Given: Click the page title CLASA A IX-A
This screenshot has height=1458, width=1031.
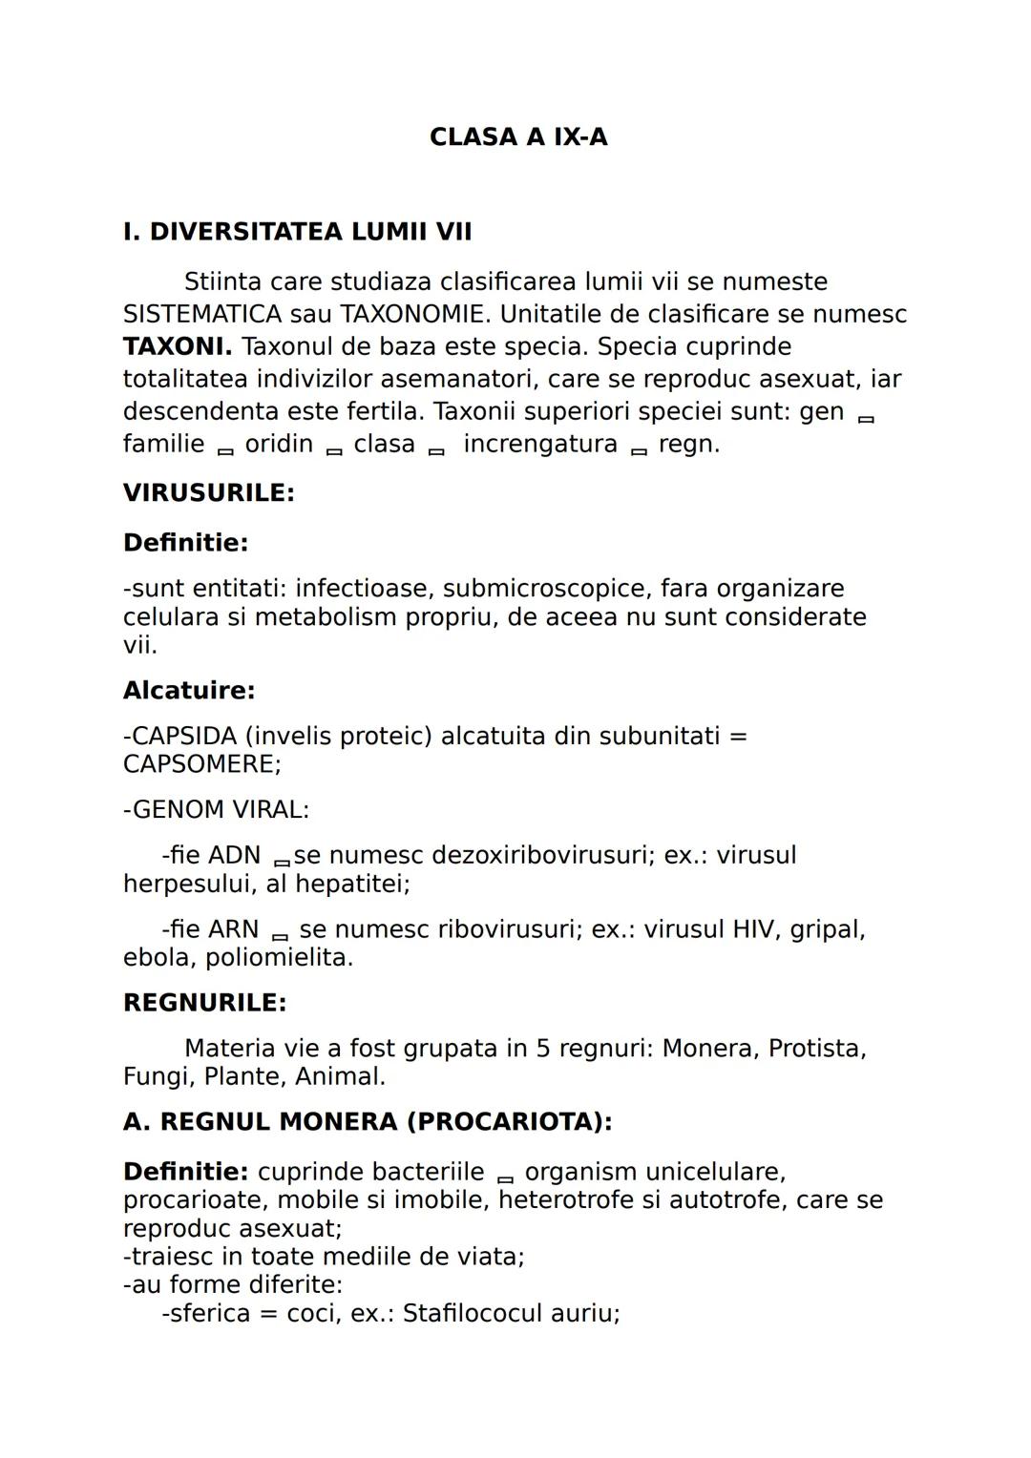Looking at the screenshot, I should click(517, 137).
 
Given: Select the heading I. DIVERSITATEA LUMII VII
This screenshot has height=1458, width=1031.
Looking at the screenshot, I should click(297, 232).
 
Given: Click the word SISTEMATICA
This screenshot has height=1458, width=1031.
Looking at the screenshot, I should click(202, 315).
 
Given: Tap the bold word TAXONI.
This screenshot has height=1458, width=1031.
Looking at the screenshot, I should click(178, 346).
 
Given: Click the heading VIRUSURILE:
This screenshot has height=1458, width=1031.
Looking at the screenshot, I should click(208, 493).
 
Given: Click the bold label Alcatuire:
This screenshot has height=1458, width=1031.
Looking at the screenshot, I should click(189, 690).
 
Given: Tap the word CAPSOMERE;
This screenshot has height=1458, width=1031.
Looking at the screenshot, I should click(201, 764).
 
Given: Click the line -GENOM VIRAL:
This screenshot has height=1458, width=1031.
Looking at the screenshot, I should click(216, 810).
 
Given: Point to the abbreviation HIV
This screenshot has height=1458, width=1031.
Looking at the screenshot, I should click(755, 929).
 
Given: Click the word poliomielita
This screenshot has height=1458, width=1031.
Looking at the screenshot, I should click(279, 957).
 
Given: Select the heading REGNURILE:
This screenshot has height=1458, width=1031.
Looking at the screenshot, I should click(204, 1003).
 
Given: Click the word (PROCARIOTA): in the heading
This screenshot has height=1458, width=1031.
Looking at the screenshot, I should click(509, 1122).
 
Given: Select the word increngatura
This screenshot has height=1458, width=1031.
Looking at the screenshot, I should click(540, 445).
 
